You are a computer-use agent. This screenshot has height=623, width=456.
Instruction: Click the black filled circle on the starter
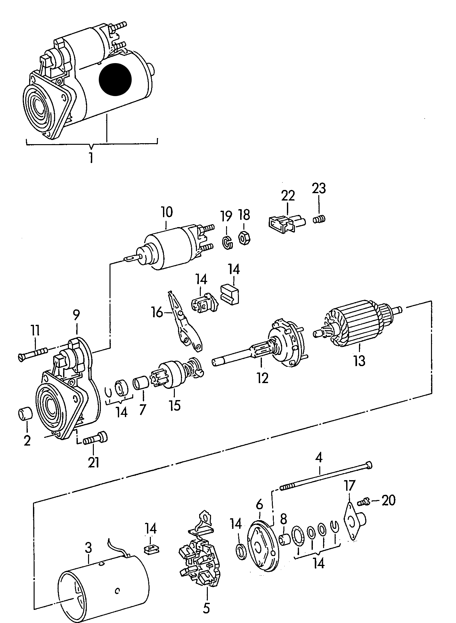[x=115, y=79]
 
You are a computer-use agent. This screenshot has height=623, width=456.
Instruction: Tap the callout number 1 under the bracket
[x=91, y=158]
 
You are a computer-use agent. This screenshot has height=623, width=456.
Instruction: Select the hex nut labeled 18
[x=245, y=239]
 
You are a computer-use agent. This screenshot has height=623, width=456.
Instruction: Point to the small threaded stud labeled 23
[x=319, y=219]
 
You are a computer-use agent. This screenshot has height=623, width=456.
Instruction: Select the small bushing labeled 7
[x=141, y=383]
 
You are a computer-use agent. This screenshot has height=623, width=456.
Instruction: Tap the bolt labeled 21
[x=95, y=439]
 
